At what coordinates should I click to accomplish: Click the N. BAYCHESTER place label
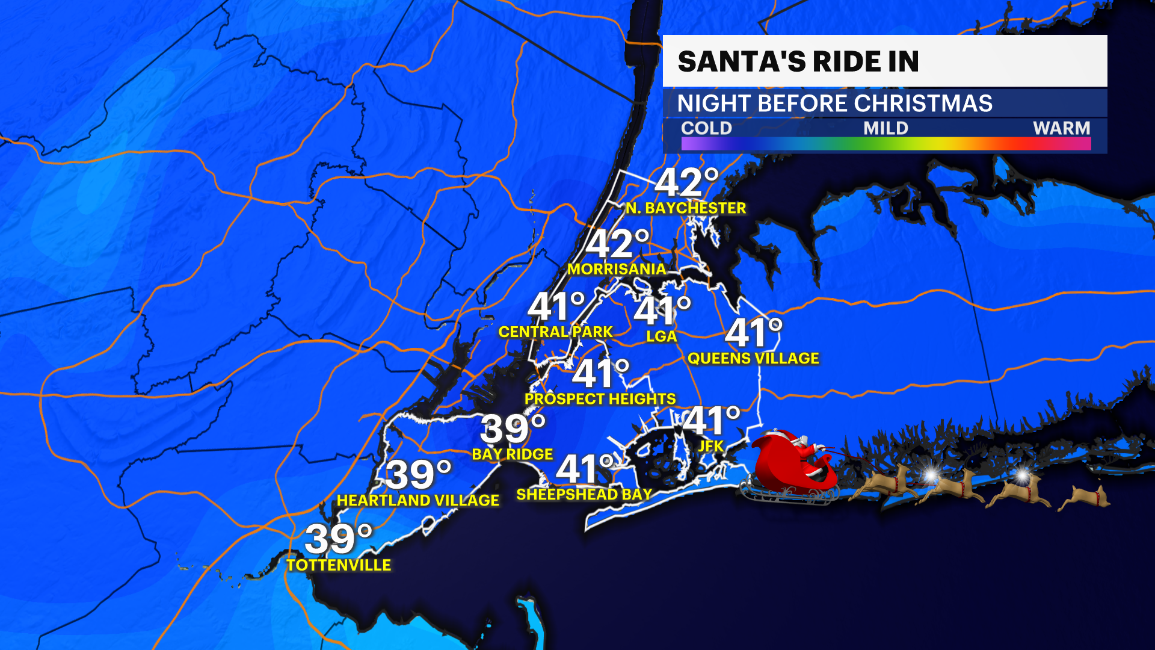point(686,208)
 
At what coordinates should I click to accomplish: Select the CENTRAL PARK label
point(555,332)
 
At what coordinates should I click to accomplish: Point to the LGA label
point(662,336)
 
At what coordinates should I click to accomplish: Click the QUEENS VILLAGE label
point(753,359)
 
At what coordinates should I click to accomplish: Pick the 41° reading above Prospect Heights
point(600,374)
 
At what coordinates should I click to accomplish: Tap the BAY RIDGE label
point(512,454)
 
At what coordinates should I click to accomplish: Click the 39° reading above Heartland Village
point(419,475)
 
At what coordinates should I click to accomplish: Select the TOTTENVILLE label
point(339,565)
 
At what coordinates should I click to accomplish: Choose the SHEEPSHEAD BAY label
point(584,495)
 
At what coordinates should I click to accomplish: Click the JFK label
point(710,446)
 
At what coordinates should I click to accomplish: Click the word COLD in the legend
point(706,128)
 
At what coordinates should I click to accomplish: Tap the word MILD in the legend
point(885,128)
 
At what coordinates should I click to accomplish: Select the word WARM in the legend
point(1061,128)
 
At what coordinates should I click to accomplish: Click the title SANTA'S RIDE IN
point(798,61)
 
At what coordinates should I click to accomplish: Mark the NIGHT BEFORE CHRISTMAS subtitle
point(834,104)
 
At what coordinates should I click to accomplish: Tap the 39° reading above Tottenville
point(339,539)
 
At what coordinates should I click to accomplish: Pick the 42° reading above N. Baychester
point(686,182)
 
